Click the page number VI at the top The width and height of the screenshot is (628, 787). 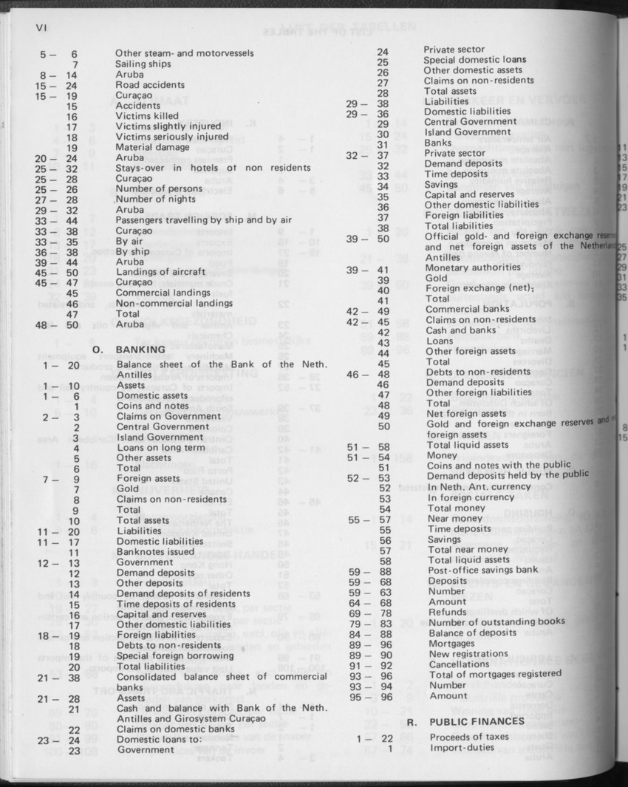click(x=41, y=29)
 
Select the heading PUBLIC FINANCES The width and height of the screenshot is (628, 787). click(x=467, y=721)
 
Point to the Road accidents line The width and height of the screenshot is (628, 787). click(x=150, y=85)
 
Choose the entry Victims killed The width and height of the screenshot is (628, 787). click(x=146, y=116)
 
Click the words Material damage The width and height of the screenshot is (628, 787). click(x=152, y=147)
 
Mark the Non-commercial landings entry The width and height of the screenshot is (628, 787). click(x=174, y=303)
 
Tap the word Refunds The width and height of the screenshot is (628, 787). click(x=447, y=612)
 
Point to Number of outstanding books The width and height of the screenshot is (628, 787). click(x=496, y=622)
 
